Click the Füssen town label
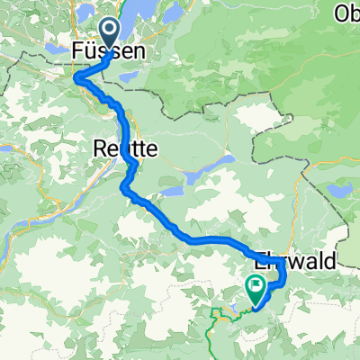[x=106, y=54]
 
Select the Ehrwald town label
[x=297, y=261]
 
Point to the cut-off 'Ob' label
[x=346, y=13]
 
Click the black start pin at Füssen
[x=108, y=32]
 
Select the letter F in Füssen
[x=76, y=54]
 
